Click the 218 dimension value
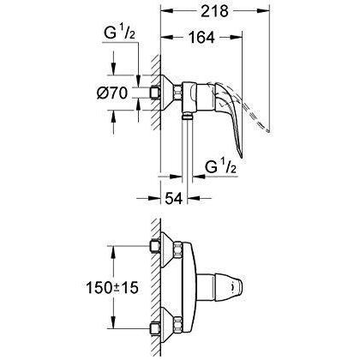tap(214, 11)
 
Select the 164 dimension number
tap(201, 37)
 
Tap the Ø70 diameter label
tap(111, 93)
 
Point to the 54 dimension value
tap(173, 198)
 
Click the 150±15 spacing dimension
tap(112, 287)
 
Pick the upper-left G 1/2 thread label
tap(119, 33)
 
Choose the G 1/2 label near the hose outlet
tap(220, 166)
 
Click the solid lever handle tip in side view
tap(241, 156)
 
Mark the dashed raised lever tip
tap(267, 130)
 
